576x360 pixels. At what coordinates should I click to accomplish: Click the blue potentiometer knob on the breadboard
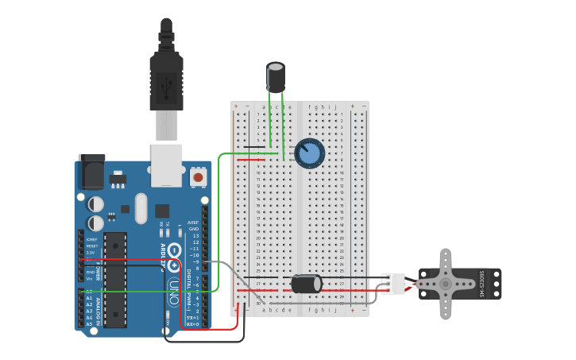pyautogui.click(x=309, y=153)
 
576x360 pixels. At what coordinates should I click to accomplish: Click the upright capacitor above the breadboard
pyautogui.click(x=276, y=78)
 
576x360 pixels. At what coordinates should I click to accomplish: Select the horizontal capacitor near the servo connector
pyautogui.click(x=306, y=284)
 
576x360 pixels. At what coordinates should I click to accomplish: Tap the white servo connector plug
pyautogui.click(x=393, y=284)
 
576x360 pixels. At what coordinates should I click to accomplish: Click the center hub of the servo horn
pyautogui.click(x=446, y=283)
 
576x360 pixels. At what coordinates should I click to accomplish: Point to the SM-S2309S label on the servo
pyautogui.click(x=481, y=284)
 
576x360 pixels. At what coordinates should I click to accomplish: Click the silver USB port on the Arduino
pyautogui.click(x=166, y=165)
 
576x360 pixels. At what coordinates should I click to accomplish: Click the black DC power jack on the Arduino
pyautogui.click(x=91, y=171)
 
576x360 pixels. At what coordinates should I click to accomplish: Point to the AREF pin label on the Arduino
pyautogui.click(x=193, y=223)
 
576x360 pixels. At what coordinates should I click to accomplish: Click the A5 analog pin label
pyautogui.click(x=89, y=324)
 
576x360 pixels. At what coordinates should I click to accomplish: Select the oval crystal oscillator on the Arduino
pyautogui.click(x=141, y=208)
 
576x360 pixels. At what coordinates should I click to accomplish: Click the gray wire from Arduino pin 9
pyautogui.click(x=226, y=270)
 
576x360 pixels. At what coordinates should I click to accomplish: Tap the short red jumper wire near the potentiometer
pyautogui.click(x=250, y=160)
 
